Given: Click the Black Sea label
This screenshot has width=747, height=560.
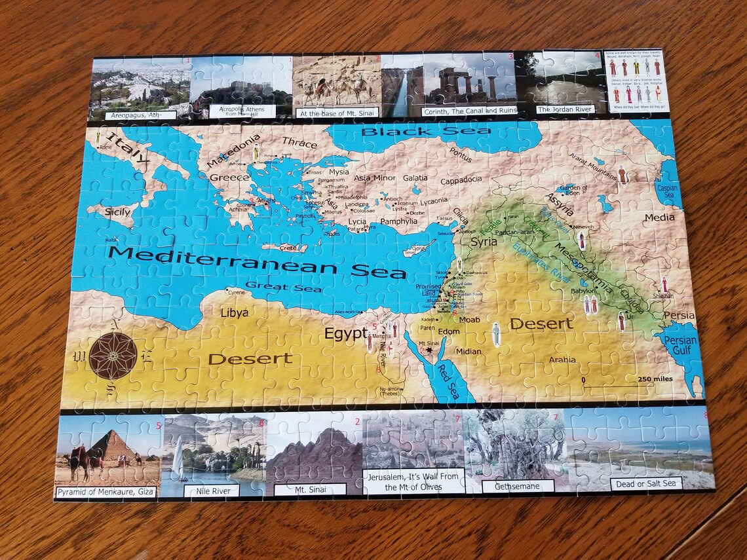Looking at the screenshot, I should coord(426,132).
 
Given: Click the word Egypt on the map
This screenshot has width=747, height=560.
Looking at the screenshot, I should coord(345,333).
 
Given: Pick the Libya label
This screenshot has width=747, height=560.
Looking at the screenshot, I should coord(234,312).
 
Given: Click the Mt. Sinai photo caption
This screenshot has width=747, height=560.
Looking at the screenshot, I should coord(310,489).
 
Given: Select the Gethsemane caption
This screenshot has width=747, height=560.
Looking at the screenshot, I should coord(518,486).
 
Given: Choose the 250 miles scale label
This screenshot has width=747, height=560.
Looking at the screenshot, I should coord(655,379).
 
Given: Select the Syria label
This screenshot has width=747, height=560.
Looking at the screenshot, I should coord(484,242).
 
